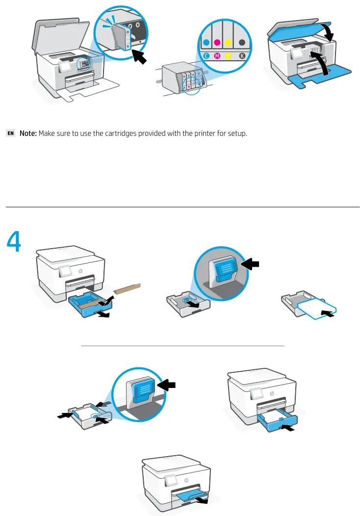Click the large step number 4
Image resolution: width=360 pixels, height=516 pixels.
[14, 242]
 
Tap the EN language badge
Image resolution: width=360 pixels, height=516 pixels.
[11, 133]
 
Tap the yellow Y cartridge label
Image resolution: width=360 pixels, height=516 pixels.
[230, 56]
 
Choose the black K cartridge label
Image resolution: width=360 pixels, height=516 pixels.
[242, 56]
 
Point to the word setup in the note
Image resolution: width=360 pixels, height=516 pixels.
[237, 133]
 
